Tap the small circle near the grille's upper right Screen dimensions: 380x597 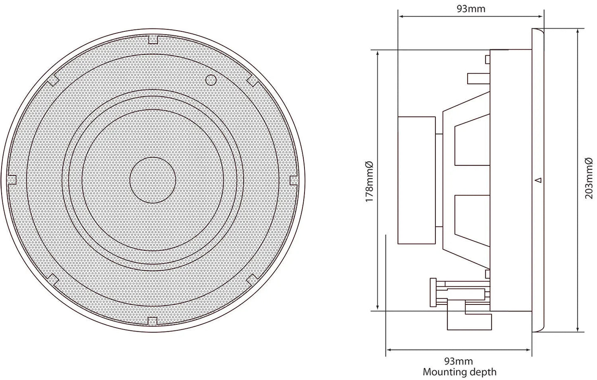pyautogui.click(x=210, y=79)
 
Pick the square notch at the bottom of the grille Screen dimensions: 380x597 pyautogui.click(x=153, y=320)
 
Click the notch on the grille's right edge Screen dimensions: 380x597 pyautogui.click(x=294, y=180)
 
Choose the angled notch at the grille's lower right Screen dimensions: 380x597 pyautogui.click(x=252, y=279)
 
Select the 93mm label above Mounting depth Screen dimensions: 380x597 pyautogui.click(x=458, y=361)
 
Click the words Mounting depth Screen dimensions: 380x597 pyautogui.click(x=459, y=372)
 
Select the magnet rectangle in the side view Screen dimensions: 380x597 pyautogui.click(x=416, y=180)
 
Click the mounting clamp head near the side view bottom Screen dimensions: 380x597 pyautogui.click(x=433, y=293)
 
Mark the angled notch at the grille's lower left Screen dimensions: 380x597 pyautogui.click(x=53, y=279)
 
